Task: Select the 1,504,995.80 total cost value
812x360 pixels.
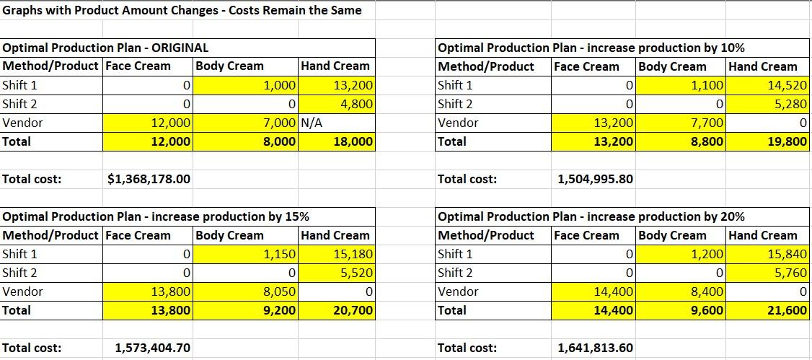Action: coord(596,179)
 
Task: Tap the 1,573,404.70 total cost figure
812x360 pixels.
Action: coord(153,348)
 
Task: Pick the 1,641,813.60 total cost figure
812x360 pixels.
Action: coord(596,348)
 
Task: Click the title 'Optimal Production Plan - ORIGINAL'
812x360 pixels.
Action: coord(106,48)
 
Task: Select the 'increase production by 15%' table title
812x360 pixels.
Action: coord(156,216)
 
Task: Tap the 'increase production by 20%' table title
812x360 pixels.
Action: coord(591,216)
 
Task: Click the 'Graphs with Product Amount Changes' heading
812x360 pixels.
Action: coord(182,10)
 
